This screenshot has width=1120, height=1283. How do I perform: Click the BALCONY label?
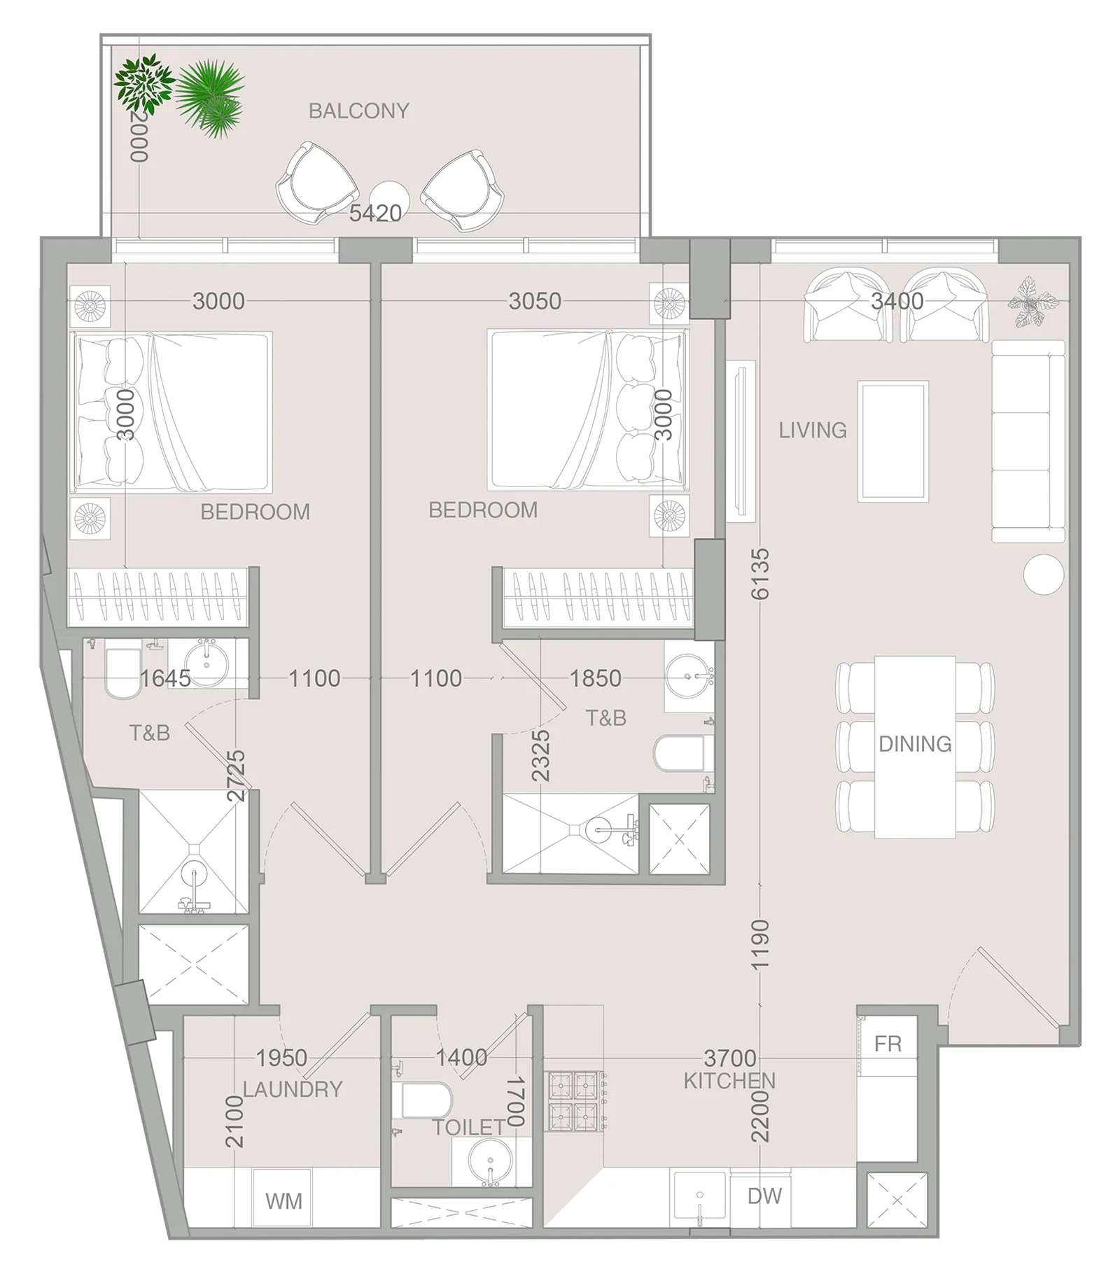coord(358,111)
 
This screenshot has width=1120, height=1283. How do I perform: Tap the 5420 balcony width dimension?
coord(375,213)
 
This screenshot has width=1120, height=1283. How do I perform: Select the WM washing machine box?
coord(283,1201)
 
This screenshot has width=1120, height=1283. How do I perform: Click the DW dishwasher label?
coord(764,1196)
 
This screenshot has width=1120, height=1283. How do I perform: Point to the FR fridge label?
coord(888,1044)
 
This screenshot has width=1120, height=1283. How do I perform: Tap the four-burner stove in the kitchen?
coord(575,1101)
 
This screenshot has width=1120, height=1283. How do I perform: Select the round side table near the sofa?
coord(1043,574)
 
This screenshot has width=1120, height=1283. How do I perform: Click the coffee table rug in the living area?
coord(893,441)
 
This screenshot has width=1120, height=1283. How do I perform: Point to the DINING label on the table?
coord(915,743)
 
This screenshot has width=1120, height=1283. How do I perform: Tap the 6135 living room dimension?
coord(760,574)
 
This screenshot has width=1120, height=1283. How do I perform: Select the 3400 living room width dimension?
coord(897,301)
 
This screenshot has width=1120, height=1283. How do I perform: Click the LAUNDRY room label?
coord(293,1089)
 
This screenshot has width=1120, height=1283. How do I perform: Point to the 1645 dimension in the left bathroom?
coord(165,678)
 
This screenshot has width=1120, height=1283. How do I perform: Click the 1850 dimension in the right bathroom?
coord(595,678)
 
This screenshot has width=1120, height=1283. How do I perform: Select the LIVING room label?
coord(813,430)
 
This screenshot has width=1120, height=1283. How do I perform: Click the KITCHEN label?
coord(729,1081)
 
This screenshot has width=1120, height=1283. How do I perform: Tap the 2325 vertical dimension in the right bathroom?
coord(540,756)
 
